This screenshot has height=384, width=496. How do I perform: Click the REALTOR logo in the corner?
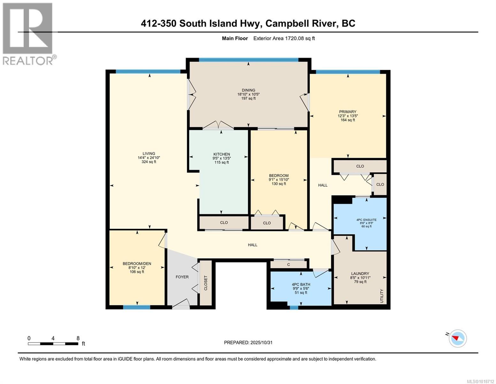[x=29, y=34]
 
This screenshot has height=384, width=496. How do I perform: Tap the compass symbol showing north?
[x=458, y=338]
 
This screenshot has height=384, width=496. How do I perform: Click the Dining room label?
[x=248, y=90]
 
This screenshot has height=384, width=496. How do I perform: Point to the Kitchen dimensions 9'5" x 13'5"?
[x=222, y=158]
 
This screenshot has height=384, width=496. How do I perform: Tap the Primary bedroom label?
[x=347, y=112]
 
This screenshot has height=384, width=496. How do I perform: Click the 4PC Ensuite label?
[x=366, y=220]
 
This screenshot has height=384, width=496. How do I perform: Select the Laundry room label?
[x=360, y=274]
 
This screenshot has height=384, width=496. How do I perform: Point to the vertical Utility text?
[x=381, y=296]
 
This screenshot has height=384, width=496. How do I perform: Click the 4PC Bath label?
[x=301, y=284]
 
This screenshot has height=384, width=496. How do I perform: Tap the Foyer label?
[x=182, y=277]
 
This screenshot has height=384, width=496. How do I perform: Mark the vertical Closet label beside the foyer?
[x=206, y=283]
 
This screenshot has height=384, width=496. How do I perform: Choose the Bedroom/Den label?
[x=137, y=264]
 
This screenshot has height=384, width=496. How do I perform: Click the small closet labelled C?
[x=288, y=264]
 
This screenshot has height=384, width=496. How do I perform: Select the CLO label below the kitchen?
[x=224, y=222]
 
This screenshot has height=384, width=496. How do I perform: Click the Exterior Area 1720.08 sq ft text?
[x=284, y=38]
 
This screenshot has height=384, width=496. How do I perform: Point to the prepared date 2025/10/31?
[x=248, y=342]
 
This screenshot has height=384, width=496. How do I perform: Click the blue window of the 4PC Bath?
[x=294, y=308]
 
